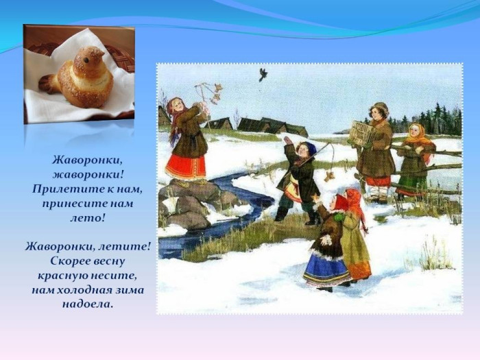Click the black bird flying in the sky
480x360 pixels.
(x=263, y=74)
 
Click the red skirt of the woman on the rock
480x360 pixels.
(x=185, y=167)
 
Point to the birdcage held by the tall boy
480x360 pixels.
(x=361, y=133)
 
